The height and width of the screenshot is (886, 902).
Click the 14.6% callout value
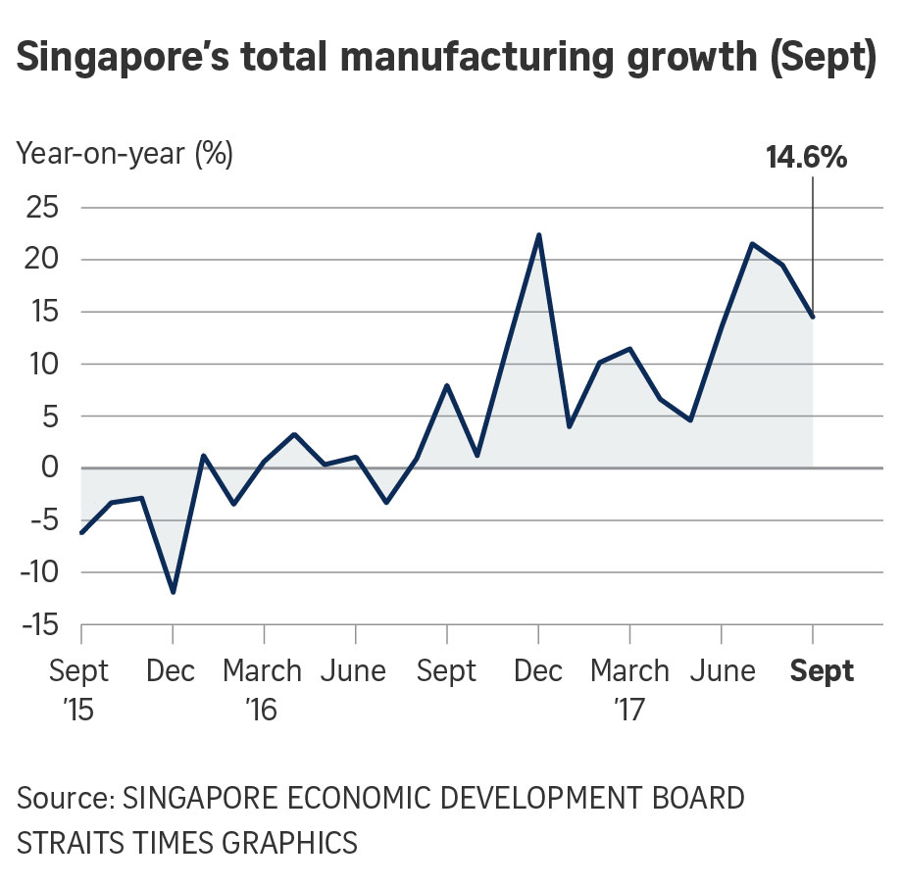[x=806, y=157]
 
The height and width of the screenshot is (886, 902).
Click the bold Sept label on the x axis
[x=822, y=671]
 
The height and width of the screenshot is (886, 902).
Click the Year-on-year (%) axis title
[x=125, y=155]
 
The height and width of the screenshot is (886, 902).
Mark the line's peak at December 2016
[x=538, y=235]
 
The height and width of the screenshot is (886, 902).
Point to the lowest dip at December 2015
[x=174, y=592]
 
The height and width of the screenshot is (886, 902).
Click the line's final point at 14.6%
[x=813, y=316]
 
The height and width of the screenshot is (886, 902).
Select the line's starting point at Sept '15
[x=81, y=532]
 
